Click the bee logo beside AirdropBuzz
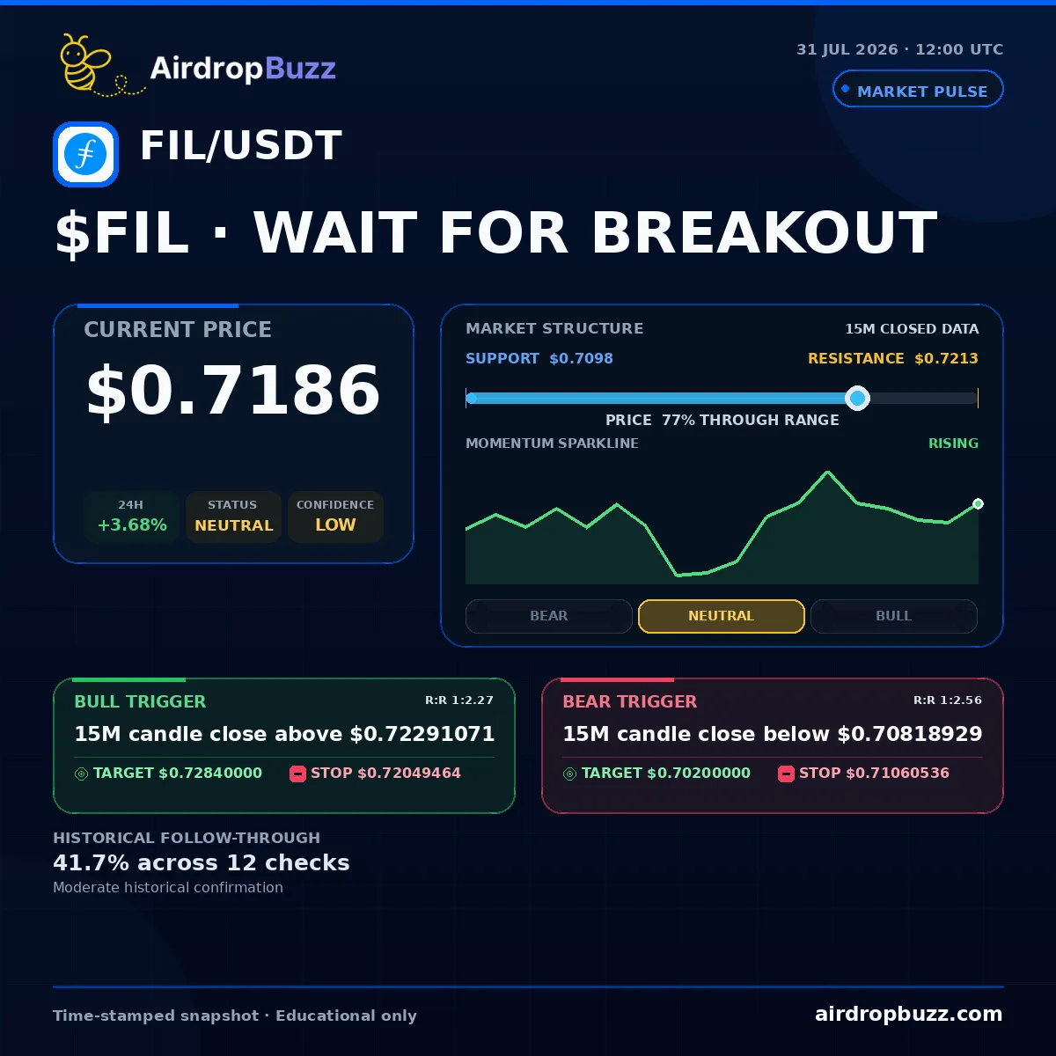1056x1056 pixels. click(96, 66)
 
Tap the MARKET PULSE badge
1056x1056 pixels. click(918, 89)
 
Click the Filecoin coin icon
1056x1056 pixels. click(85, 154)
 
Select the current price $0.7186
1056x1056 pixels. click(233, 390)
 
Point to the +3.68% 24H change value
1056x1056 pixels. click(132, 525)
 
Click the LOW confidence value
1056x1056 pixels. click(335, 525)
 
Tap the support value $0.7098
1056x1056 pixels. click(581, 358)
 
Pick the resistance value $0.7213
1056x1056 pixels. click(946, 358)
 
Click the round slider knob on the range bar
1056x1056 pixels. click(858, 398)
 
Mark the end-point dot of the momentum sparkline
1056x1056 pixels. click(979, 503)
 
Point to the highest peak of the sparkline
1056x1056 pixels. click(827, 472)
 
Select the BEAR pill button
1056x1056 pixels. click(548, 616)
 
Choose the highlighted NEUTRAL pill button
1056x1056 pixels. click(722, 616)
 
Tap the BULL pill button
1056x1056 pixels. click(894, 616)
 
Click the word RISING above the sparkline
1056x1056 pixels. click(954, 444)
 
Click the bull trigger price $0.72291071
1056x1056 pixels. click(422, 734)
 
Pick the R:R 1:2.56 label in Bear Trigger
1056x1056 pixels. click(948, 700)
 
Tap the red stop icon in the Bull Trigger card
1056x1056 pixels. click(297, 774)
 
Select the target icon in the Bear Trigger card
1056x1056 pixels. click(570, 774)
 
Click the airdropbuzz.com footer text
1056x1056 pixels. click(908, 1014)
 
